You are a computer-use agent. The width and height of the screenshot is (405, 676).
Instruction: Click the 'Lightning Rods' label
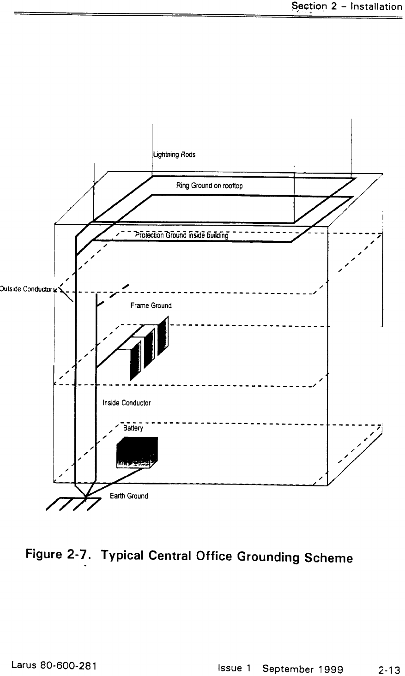[174, 155]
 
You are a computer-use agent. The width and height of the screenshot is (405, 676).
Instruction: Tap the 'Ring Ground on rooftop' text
[209, 186]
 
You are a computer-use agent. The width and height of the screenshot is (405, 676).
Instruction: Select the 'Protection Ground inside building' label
[181, 235]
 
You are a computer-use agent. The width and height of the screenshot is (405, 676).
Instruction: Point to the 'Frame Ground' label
[151, 305]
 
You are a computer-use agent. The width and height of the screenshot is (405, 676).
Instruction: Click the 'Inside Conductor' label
[127, 403]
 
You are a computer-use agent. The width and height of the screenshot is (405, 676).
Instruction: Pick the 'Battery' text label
[133, 429]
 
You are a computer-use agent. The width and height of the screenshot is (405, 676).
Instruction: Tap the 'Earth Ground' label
[129, 497]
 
